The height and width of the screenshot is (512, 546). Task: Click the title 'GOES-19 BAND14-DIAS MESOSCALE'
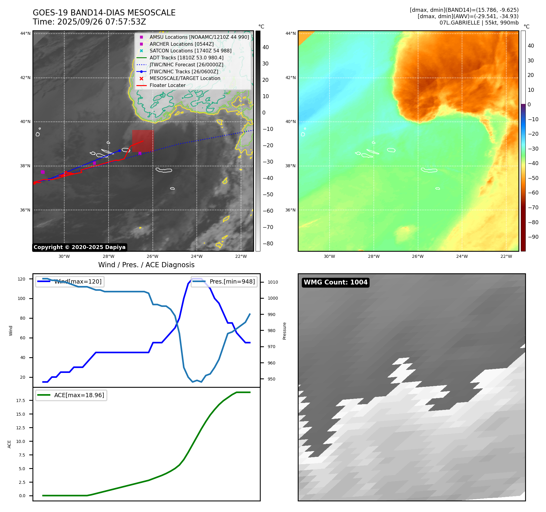(x=104, y=13)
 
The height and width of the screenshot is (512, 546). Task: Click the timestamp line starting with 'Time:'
(x=89, y=22)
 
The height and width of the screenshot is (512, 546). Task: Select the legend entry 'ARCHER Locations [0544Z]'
(x=181, y=44)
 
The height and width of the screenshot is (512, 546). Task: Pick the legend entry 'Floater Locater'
(x=167, y=85)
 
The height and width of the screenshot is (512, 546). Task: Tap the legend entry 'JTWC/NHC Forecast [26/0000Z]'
(x=186, y=65)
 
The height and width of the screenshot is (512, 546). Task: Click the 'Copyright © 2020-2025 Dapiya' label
(x=79, y=247)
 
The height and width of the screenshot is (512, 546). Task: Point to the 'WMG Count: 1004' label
(x=336, y=282)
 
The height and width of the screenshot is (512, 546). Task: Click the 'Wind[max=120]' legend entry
(x=78, y=281)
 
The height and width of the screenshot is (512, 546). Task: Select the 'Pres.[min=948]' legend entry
(x=232, y=281)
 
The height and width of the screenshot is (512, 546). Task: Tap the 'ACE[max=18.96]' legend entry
(x=79, y=395)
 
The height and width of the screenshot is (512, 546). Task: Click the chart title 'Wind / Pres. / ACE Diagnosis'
(x=146, y=265)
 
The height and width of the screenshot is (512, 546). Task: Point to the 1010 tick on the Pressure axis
(x=273, y=282)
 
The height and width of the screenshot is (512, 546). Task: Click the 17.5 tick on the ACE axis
(x=21, y=401)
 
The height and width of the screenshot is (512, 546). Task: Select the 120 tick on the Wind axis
(x=22, y=279)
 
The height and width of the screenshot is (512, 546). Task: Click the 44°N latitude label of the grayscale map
(x=25, y=33)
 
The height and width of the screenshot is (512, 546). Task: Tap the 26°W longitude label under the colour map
(x=418, y=256)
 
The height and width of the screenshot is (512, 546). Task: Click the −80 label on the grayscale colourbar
(x=268, y=244)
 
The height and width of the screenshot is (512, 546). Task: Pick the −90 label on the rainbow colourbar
(x=533, y=237)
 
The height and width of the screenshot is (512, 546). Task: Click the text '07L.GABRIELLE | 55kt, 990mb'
(x=479, y=23)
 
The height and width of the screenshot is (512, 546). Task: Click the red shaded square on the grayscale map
(x=142, y=141)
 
